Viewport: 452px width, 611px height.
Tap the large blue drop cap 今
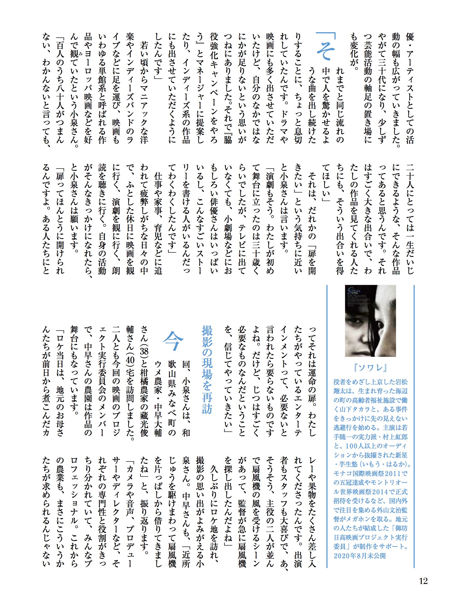(x=173, y=341)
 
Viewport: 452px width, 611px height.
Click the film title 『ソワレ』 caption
(x=370, y=368)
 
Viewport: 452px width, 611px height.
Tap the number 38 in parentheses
(x=144, y=352)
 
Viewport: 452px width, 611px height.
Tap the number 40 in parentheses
(x=130, y=358)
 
